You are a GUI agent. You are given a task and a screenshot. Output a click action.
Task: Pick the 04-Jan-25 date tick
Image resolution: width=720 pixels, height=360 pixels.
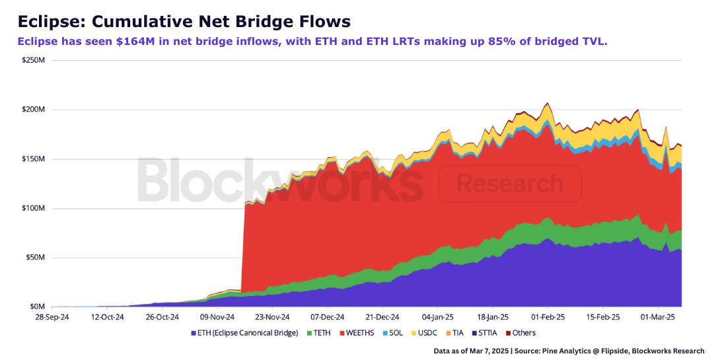[437, 317]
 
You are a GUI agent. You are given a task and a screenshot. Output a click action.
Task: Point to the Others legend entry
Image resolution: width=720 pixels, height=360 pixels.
[523, 333]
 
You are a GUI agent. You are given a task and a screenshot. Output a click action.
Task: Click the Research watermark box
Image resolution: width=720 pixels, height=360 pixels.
[509, 184]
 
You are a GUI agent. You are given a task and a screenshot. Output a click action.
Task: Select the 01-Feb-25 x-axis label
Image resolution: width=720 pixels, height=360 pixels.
[546, 317]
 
